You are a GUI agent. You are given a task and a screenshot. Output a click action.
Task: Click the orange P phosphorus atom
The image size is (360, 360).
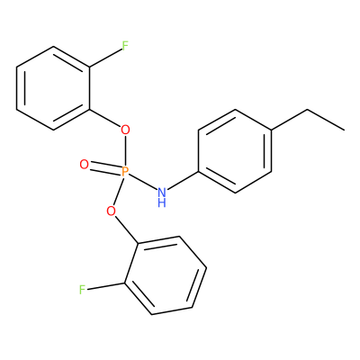click(125, 172)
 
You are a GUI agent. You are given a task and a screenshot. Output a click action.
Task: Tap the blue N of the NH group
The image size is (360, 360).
click(162, 192)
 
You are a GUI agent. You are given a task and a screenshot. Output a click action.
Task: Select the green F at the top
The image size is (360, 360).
click(125, 46)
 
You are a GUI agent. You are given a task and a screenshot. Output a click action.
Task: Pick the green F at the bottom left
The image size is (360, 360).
click(82, 290)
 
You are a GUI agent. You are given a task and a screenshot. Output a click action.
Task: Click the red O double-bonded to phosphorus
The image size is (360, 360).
click(85, 165)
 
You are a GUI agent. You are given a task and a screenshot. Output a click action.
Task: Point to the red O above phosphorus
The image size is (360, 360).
click(125, 130)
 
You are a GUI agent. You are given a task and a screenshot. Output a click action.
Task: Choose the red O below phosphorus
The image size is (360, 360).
click(111, 211)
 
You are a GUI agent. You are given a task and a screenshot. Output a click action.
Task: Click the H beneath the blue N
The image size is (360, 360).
click(162, 202)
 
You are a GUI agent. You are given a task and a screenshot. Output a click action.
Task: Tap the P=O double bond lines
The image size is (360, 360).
click(105, 168)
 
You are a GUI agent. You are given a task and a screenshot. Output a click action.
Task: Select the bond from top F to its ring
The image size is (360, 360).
click(105, 58)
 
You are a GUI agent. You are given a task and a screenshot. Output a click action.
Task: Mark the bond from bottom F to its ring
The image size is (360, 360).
click(105, 286)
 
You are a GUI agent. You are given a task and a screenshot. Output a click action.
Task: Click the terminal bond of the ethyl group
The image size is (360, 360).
click(326, 121)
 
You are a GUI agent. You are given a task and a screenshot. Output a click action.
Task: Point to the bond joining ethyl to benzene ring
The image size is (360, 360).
click(290, 120)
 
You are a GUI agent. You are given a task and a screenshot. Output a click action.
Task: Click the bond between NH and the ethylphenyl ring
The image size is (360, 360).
click(183, 181)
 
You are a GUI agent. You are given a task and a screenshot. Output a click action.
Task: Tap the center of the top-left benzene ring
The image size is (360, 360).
click(53, 88)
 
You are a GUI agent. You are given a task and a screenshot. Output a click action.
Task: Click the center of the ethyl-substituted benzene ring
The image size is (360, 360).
click(235, 151)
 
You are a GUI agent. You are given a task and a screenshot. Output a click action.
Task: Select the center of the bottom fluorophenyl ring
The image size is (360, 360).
click(166, 275)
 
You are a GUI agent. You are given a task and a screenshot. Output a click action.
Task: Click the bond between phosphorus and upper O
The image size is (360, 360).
click(125, 151)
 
